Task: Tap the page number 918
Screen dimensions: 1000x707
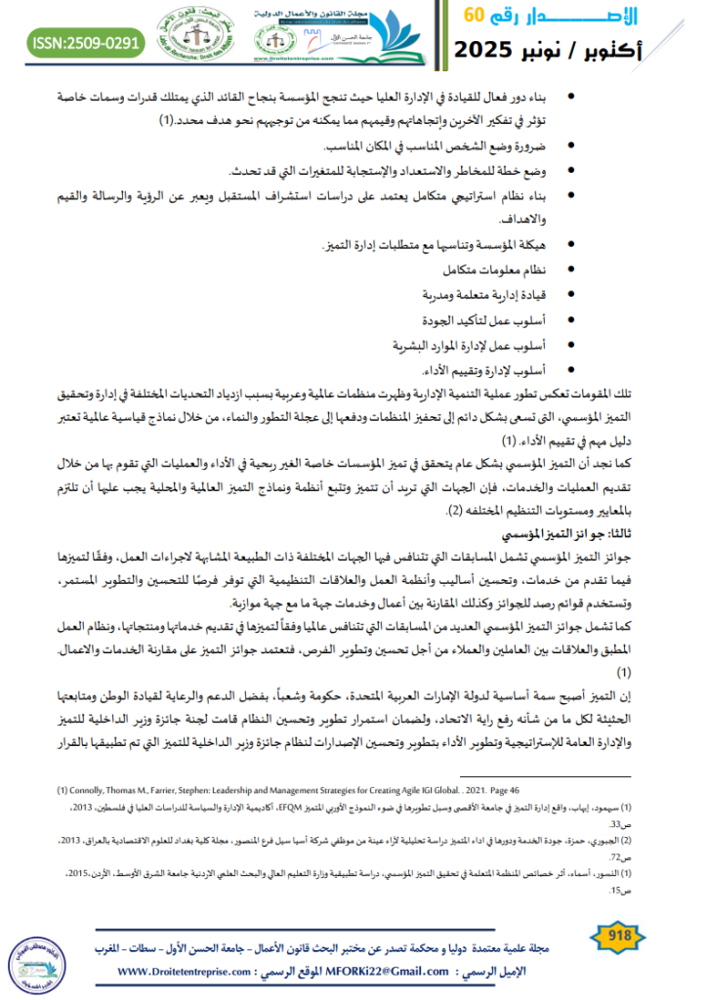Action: coord(619,937)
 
